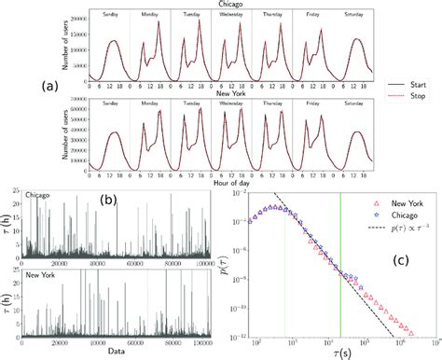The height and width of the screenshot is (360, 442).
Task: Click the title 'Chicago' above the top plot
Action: (220, 5)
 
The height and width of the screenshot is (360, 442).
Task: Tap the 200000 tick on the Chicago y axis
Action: (75, 18)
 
